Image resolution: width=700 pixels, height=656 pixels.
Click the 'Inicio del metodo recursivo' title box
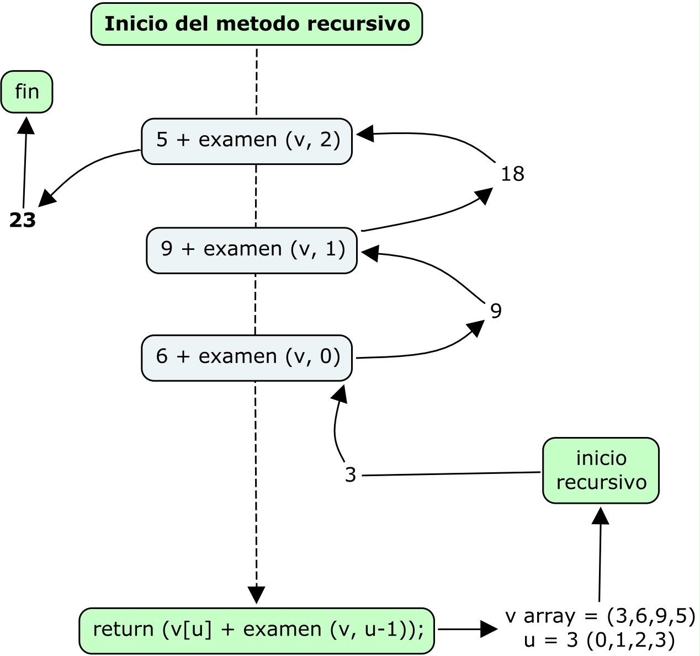pyautogui.click(x=257, y=24)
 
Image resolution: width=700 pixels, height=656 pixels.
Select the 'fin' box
pyautogui.click(x=26, y=92)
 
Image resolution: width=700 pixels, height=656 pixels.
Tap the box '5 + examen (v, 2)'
pyautogui.click(x=247, y=141)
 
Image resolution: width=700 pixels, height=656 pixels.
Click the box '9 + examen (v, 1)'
pyautogui.click(x=252, y=250)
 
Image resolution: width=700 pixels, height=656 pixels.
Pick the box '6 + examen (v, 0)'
pyautogui.click(x=247, y=358)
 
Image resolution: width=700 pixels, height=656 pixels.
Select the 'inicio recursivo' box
pyautogui.click(x=601, y=470)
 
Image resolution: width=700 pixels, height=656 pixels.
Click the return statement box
pyautogui.click(x=257, y=630)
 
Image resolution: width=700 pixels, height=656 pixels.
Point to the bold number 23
pyautogui.click(x=23, y=221)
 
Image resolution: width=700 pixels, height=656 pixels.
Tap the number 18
pyautogui.click(x=512, y=174)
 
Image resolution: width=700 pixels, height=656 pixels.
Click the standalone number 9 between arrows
pyautogui.click(x=496, y=312)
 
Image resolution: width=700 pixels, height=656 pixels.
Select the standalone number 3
pyautogui.click(x=351, y=475)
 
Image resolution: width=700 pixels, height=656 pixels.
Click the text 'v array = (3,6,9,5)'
pyautogui.click(x=600, y=616)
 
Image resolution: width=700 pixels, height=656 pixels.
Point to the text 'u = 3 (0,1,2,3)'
pyautogui.click(x=599, y=641)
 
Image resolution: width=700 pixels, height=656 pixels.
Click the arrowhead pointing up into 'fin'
pyautogui.click(x=26, y=124)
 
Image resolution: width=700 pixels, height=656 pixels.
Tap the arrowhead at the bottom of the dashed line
pyautogui.click(x=256, y=595)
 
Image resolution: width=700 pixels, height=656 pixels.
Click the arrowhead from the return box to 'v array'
pyautogui.click(x=489, y=629)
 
